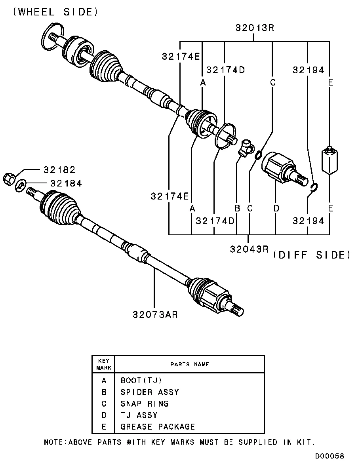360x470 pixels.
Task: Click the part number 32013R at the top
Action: [255, 28]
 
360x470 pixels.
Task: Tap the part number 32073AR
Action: [155, 315]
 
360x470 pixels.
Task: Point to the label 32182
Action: [59, 170]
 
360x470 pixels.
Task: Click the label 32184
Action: [66, 183]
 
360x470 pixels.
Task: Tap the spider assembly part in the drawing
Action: [246, 147]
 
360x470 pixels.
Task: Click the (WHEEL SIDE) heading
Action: [55, 12]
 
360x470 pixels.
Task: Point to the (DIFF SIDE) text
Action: [312, 255]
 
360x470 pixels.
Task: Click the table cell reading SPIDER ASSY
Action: [150, 392]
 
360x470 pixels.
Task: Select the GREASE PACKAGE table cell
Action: [158, 426]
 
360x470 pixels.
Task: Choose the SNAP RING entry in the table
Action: [145, 403]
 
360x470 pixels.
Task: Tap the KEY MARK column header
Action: [103, 364]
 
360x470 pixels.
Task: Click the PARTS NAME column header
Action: [190, 364]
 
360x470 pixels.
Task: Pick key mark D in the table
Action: [104, 415]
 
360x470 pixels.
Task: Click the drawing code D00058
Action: [330, 456]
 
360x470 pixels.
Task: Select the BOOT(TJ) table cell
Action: [141, 381]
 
